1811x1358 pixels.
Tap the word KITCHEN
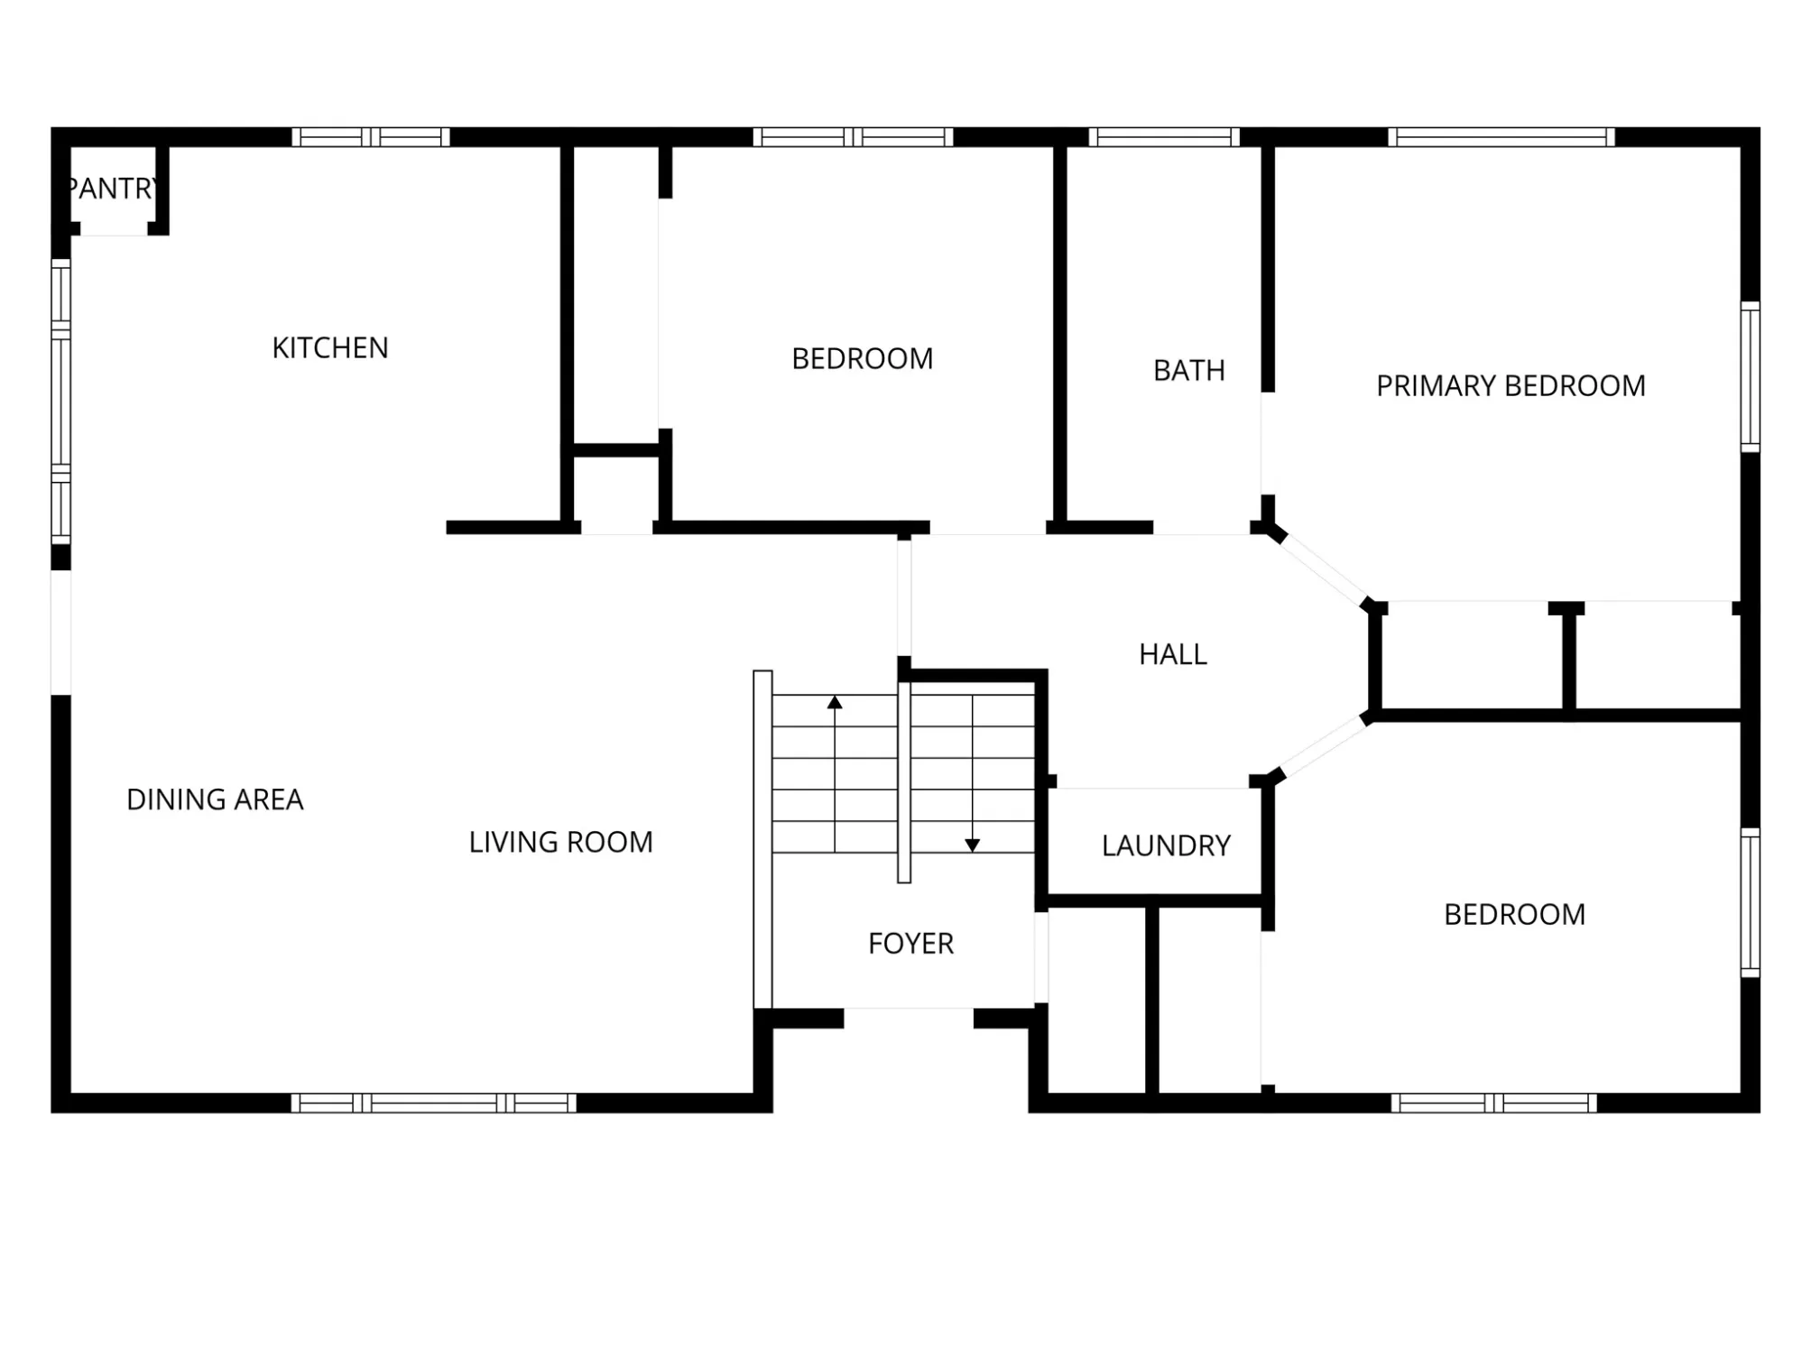pyautogui.click(x=330, y=347)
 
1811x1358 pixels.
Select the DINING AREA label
pyautogui.click(x=215, y=799)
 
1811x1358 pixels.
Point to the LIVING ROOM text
pyautogui.click(x=560, y=842)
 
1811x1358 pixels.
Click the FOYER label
pyautogui.click(x=910, y=943)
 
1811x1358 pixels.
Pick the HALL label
pyautogui.click(x=1172, y=654)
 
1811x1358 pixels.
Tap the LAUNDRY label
pyautogui.click(x=1166, y=845)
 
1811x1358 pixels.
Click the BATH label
pyautogui.click(x=1188, y=370)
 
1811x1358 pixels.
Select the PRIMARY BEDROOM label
pyautogui.click(x=1511, y=386)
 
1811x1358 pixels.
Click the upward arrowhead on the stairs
pyautogui.click(x=835, y=702)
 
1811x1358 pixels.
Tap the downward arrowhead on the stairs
pyautogui.click(x=972, y=845)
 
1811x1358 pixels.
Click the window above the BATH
pyautogui.click(x=1164, y=137)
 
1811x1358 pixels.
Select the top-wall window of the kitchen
pyautogui.click(x=371, y=137)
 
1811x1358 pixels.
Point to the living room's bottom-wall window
pyautogui.click(x=433, y=1103)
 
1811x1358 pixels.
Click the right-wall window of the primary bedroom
pyautogui.click(x=1750, y=377)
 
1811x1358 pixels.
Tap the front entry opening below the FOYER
pyautogui.click(x=909, y=1019)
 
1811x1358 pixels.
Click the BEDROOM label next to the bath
pyautogui.click(x=862, y=359)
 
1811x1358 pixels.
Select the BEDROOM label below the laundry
pyautogui.click(x=1514, y=914)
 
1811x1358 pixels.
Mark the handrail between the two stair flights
pyautogui.click(x=904, y=781)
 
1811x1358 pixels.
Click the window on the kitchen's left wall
pyautogui.click(x=60, y=402)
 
